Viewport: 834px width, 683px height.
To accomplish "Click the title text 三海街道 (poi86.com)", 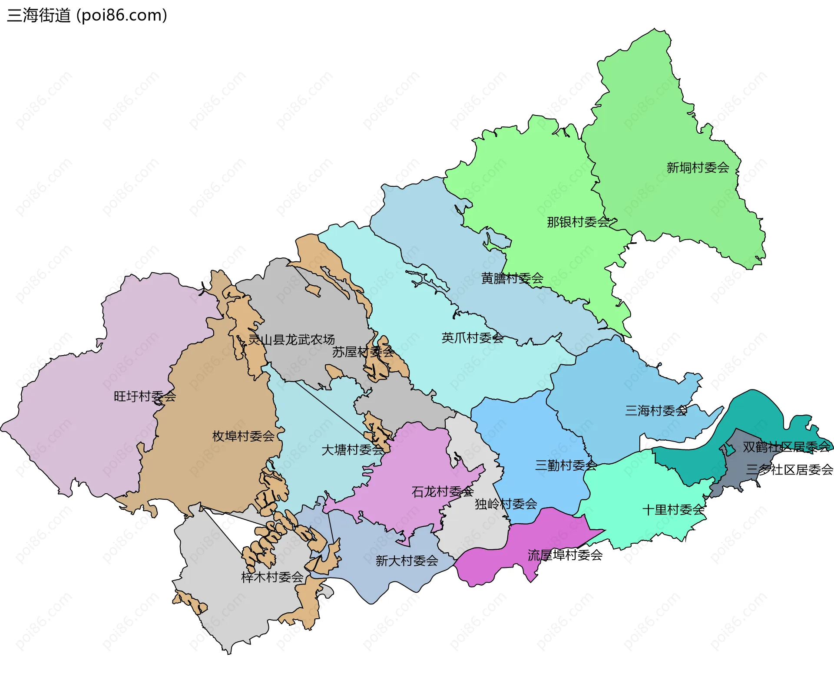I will point(87,16).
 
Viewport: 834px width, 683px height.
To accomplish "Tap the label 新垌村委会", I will point(698,168).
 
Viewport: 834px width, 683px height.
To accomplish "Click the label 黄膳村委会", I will point(512,278).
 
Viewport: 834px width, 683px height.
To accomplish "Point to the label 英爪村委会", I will point(472,338).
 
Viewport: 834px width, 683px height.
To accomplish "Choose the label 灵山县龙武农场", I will point(291,340).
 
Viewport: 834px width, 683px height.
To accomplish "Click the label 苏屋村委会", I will point(363,352).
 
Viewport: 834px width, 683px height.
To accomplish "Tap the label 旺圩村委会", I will point(145,396).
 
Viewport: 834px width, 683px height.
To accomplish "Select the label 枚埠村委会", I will point(243,436).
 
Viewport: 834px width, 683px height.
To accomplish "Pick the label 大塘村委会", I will point(352,450).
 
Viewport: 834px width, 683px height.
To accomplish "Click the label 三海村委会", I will point(656,411).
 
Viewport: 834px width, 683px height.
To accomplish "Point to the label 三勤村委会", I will point(566,466).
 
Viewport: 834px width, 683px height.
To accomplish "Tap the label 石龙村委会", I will point(442,492).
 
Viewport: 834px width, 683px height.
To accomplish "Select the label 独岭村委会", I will point(506,504).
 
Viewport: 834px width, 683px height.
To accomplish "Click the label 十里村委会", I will point(673,510).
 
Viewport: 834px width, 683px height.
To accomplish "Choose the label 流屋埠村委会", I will point(565,555).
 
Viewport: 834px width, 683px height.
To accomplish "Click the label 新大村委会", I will point(407,561).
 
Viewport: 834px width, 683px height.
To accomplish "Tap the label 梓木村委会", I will point(272,577).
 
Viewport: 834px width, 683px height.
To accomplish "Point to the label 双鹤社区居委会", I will point(786,447).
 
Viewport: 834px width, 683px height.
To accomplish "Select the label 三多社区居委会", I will point(789,470).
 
